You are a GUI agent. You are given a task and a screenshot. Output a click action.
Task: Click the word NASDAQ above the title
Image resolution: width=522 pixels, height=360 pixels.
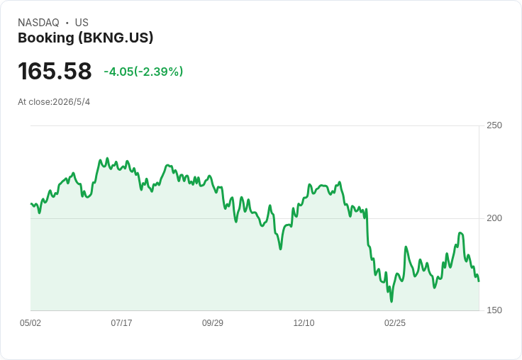coord(38,23)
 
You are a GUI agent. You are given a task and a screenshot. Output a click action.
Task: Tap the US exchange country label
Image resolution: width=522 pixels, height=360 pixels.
coord(82,23)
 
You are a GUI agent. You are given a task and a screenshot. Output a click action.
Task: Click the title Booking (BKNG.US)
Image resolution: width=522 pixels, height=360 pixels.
coord(86,38)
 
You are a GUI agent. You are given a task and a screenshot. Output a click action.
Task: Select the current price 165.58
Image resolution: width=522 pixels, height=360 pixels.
coord(55,71)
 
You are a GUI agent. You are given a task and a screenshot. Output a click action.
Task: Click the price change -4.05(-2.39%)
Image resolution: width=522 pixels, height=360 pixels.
coord(143,72)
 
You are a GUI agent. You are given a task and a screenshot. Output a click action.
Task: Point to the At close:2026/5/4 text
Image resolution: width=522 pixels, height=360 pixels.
coord(54,102)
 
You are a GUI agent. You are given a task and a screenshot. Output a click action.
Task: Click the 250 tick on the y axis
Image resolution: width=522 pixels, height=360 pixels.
coord(494,125)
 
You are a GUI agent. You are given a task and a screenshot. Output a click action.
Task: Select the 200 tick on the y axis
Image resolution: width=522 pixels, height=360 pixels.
coord(494,218)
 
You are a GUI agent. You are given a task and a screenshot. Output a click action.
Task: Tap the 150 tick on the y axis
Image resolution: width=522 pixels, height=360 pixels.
coord(494,310)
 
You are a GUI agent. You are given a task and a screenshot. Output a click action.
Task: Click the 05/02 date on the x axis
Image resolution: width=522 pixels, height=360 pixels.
coord(30,323)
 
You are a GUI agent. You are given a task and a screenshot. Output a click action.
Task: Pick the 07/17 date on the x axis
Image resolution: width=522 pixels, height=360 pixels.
coord(121,323)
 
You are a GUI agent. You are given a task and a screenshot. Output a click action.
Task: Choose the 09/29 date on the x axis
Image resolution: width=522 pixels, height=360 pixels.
coord(213,323)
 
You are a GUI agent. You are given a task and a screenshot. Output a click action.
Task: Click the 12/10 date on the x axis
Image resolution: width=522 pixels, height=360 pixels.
coord(304,323)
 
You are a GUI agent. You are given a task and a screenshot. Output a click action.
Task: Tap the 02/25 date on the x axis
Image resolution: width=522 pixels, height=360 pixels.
coord(395,323)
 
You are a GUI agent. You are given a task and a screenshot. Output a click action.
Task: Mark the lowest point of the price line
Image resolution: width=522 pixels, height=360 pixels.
coord(391,302)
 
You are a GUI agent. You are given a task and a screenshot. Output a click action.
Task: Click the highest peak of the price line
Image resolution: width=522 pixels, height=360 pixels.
coord(107,158)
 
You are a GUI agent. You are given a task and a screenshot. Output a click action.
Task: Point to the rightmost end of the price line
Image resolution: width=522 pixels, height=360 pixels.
coord(479,281)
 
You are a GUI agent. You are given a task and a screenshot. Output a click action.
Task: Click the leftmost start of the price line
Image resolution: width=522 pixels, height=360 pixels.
coord(31,203)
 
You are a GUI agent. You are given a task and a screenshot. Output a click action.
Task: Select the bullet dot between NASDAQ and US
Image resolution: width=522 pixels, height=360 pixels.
coord(67,23)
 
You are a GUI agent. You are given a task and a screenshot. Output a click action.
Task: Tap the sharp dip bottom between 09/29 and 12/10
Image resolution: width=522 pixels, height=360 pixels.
coord(281,249)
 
